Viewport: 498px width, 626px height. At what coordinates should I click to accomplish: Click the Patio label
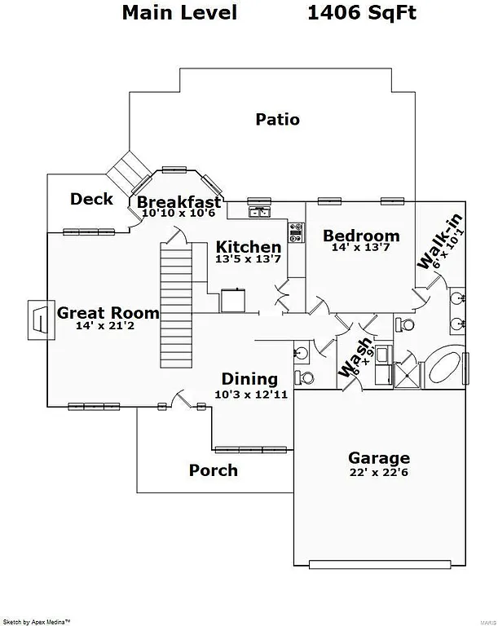(277, 120)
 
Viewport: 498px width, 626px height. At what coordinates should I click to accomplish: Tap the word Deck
(91, 199)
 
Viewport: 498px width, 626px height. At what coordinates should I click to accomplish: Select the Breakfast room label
(178, 202)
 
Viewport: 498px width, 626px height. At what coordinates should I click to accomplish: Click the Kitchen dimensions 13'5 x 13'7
(248, 260)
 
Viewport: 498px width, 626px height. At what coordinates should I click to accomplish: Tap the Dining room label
(249, 379)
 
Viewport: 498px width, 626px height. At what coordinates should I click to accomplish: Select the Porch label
(214, 470)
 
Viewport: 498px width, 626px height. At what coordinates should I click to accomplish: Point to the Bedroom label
(361, 236)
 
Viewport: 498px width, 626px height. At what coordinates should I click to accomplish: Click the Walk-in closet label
(440, 241)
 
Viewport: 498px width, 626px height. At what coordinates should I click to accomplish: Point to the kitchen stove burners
(296, 233)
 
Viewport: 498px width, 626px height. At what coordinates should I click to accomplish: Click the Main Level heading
(180, 12)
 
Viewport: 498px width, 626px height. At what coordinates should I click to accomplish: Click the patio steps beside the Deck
(129, 172)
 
